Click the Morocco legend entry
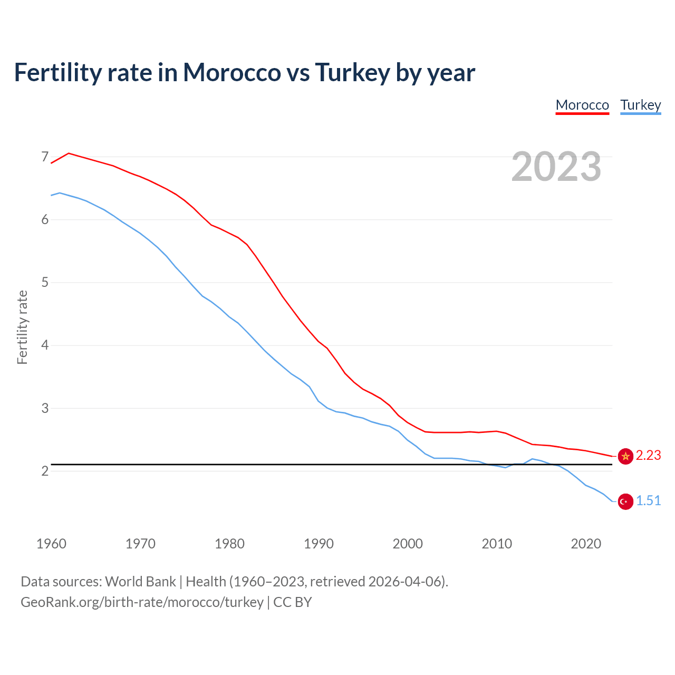pos(582,105)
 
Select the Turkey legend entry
pos(640,105)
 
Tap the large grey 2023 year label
pos(556,167)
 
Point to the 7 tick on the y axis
pos(45,157)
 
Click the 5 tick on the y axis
pos(45,282)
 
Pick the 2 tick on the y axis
pos(45,471)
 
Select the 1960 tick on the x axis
pos(51,544)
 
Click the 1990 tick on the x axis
pos(319,544)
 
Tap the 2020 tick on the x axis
pos(586,544)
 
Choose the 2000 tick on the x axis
pos(408,544)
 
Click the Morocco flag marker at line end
pos(625,456)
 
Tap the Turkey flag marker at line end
pos(625,502)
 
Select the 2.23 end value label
pos(648,456)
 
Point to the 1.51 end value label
pos(648,501)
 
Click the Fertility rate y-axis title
pos(22,327)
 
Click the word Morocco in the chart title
pos(232,72)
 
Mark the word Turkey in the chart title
pos(352,72)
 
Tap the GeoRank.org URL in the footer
pos(142,602)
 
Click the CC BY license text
pos(292,602)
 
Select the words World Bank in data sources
pos(140,582)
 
